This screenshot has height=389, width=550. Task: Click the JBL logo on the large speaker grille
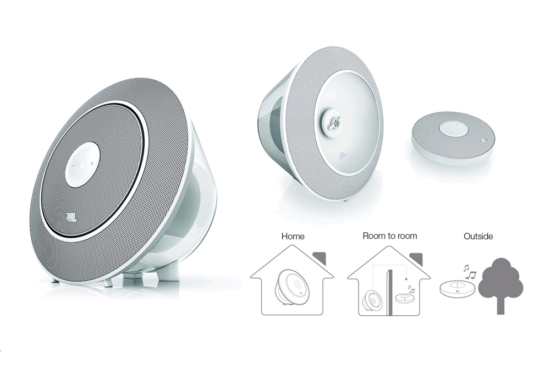click(71, 217)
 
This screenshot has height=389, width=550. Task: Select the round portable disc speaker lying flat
click(453, 138)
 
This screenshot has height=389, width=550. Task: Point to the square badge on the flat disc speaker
click(483, 141)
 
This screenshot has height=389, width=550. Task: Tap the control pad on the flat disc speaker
click(453, 128)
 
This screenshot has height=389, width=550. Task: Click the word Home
click(293, 237)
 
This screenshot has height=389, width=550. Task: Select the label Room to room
click(390, 235)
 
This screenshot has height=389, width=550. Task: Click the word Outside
click(478, 237)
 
